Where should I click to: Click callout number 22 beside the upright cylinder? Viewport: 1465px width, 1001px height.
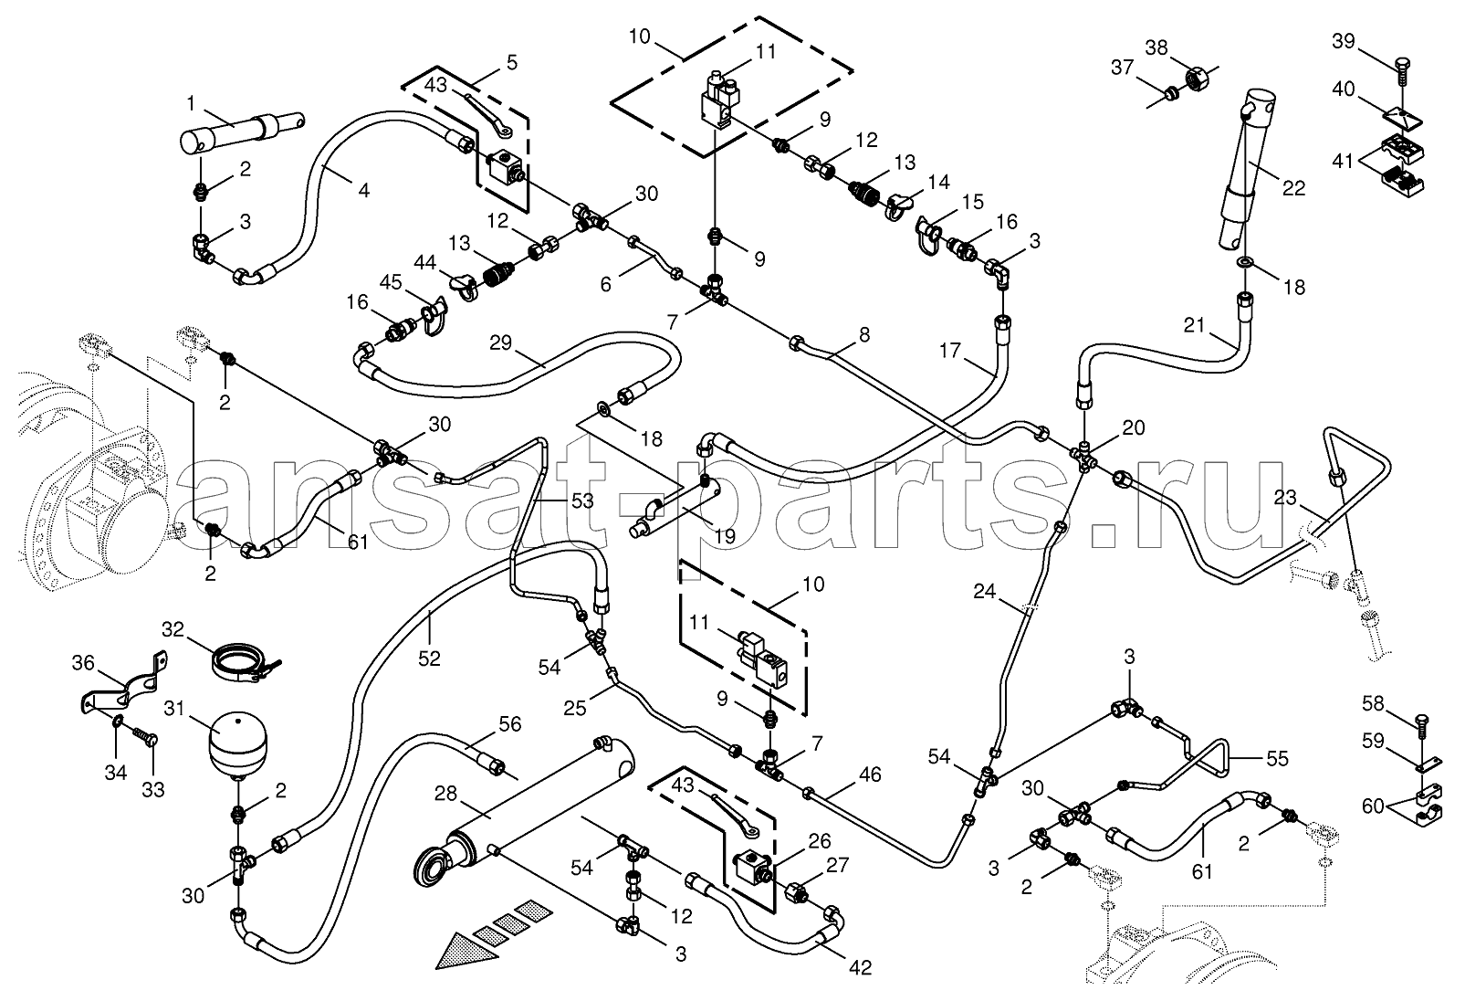pyautogui.click(x=1293, y=188)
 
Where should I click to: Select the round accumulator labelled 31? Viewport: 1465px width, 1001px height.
pyautogui.click(x=236, y=746)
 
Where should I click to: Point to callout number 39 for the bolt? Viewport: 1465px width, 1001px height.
pyautogui.click(x=1344, y=41)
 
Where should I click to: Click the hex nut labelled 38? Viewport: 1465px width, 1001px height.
pyautogui.click(x=1197, y=79)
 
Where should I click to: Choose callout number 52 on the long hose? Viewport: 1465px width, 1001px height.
pyautogui.click(x=430, y=659)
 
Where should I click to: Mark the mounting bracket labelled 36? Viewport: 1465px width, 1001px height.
pyautogui.click(x=123, y=686)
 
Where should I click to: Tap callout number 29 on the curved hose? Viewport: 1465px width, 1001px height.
pyautogui.click(x=500, y=342)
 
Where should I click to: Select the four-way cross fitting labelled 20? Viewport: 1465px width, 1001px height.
pyautogui.click(x=1084, y=456)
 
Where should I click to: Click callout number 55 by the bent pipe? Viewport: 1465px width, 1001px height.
pyautogui.click(x=1277, y=758)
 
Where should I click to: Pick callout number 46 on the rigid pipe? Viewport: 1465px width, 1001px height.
pyautogui.click(x=870, y=774)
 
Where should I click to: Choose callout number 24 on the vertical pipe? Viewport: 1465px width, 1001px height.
pyautogui.click(x=984, y=592)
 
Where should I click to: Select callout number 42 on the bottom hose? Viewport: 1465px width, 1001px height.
pyautogui.click(x=860, y=967)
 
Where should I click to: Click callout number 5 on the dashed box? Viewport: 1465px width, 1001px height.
pyautogui.click(x=511, y=63)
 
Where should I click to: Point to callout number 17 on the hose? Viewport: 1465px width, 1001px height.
pyautogui.click(x=950, y=351)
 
